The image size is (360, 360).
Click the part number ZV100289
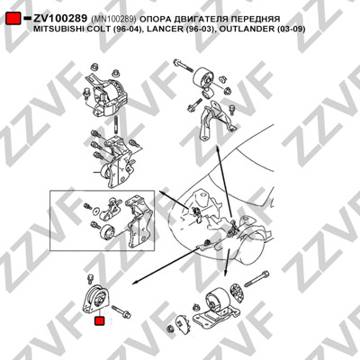tap(60, 19)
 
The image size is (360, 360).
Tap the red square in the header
tap(13, 19)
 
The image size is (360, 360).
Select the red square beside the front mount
tap(99, 321)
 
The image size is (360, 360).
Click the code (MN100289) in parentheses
tap(113, 19)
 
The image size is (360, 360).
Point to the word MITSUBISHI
tap(53, 29)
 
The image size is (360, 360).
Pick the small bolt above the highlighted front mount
tap(89, 278)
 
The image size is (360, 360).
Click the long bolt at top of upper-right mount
tap(183, 66)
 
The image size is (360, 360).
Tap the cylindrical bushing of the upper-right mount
tap(203, 78)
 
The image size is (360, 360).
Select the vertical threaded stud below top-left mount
tap(116, 125)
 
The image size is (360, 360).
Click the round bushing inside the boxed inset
tap(107, 232)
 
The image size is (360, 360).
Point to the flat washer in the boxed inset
tap(95, 210)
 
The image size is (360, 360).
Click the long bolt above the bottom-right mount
tap(256, 279)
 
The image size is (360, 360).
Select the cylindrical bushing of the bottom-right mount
tap(217, 301)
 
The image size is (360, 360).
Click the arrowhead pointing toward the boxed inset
tap(162, 193)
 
